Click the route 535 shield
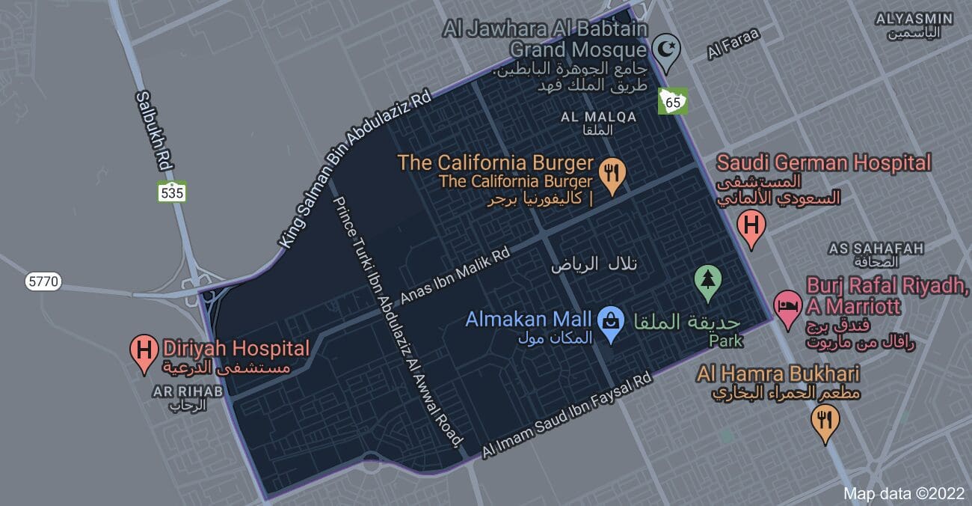coord(172,192)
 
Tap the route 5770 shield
coord(43,282)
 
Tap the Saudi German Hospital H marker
coord(751,226)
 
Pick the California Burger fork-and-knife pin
coord(613,174)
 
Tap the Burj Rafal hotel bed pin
coord(787,307)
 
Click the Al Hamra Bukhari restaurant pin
coord(825,421)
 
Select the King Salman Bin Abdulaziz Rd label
coord(355,169)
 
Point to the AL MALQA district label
coord(598,118)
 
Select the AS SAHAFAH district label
coord(876,249)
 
